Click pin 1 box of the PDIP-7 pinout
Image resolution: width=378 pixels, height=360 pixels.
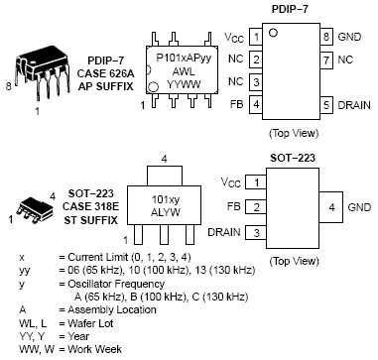(256, 37)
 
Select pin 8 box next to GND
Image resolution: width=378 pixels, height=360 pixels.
(326, 36)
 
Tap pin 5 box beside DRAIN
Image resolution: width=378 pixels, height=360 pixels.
(326, 105)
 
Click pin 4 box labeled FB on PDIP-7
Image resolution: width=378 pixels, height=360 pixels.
(256, 104)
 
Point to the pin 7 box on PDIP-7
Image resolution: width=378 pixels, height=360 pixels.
(326, 60)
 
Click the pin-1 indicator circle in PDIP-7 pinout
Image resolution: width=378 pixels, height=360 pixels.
(273, 33)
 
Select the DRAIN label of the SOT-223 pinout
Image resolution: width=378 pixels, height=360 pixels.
(224, 232)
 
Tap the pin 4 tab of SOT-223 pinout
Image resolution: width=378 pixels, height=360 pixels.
(331, 207)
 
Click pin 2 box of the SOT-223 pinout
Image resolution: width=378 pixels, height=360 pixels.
(256, 207)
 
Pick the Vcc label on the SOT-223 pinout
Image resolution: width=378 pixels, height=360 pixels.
(231, 182)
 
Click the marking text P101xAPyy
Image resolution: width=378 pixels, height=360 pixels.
(184, 59)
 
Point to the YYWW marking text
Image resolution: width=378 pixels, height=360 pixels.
(184, 84)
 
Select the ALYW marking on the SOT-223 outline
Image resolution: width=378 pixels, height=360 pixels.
(166, 212)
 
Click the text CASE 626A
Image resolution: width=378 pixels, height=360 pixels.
(106, 73)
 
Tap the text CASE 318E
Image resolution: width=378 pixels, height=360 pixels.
(90, 206)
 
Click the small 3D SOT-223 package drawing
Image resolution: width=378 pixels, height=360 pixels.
(34, 209)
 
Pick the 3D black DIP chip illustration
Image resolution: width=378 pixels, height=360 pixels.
(43, 71)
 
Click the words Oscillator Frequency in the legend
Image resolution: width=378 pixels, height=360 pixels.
(116, 284)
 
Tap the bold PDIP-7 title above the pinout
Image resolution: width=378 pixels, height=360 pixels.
(290, 9)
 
